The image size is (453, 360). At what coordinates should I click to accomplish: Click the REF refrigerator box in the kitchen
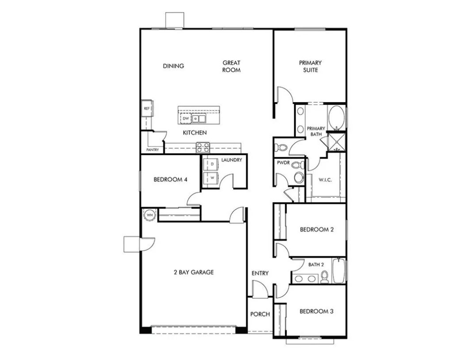tap(146, 108)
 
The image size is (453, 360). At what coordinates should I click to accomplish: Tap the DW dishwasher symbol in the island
tap(186, 119)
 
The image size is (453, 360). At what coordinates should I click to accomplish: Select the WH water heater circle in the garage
tap(149, 215)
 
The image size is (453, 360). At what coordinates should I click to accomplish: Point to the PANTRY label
tap(153, 149)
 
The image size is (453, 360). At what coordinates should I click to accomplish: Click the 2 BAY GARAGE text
tap(193, 272)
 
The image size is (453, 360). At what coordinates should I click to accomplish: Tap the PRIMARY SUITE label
tap(310, 66)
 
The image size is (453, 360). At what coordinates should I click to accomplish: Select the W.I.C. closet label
tap(325, 180)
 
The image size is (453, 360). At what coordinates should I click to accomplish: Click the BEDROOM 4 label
tap(170, 180)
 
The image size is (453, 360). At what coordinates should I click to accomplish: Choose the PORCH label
tap(260, 314)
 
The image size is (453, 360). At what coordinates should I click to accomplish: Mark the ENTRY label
tap(260, 273)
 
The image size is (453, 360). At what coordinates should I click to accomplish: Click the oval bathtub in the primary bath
tap(336, 117)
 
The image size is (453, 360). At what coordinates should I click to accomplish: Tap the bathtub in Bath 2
tap(338, 271)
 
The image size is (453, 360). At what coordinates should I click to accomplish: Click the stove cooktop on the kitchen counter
tap(203, 147)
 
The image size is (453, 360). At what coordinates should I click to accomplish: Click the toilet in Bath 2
tap(325, 277)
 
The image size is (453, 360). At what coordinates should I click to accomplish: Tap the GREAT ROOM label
tap(231, 66)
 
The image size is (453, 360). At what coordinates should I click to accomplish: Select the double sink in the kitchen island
tap(199, 119)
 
